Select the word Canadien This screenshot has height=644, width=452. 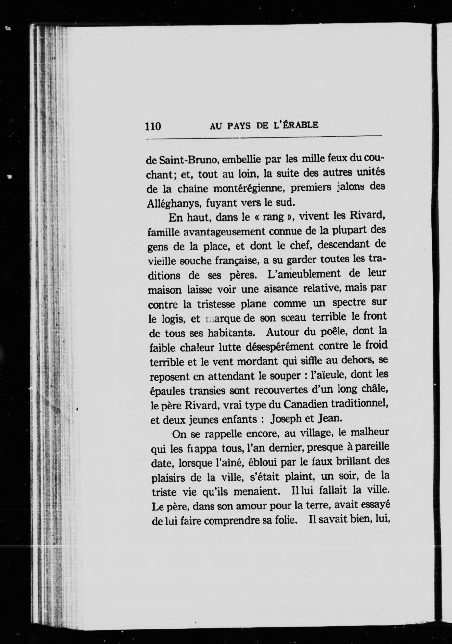point(302,404)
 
